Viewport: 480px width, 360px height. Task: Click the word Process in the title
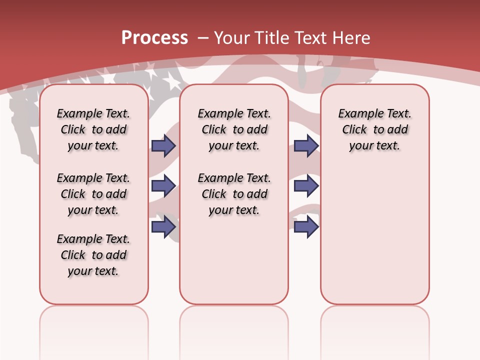[x=154, y=38]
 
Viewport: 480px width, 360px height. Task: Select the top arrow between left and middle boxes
[x=163, y=145]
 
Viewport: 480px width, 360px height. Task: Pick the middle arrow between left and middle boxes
[x=163, y=186]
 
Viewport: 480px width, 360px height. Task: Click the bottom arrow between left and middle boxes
[x=163, y=226]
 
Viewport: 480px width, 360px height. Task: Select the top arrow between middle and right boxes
[x=306, y=145]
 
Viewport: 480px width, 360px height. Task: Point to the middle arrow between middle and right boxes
[x=306, y=186]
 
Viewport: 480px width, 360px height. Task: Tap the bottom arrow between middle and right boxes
[x=306, y=226]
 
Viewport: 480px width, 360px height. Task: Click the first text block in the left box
[x=93, y=129]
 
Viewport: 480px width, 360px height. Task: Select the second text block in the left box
[x=93, y=194]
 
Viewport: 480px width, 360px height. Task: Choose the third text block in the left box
[x=93, y=255]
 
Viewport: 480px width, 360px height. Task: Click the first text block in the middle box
[x=234, y=129]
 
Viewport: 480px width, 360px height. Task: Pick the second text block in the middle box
[x=234, y=194]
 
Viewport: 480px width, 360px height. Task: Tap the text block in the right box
[x=374, y=129]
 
